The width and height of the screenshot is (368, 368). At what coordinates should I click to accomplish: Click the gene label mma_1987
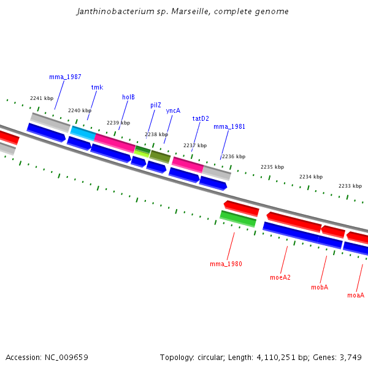click(65, 77)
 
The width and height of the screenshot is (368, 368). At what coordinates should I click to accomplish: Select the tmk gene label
click(97, 87)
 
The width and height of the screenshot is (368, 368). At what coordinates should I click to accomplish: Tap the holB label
click(128, 97)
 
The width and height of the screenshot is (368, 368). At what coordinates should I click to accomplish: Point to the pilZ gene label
click(156, 105)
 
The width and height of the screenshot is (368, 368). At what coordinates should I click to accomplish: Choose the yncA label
click(173, 110)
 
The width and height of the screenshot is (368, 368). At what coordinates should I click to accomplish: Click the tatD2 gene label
click(201, 118)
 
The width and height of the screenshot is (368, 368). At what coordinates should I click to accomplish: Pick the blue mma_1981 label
click(229, 127)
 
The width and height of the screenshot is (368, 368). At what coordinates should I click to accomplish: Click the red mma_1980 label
click(226, 264)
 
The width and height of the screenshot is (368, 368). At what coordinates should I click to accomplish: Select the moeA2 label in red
click(280, 277)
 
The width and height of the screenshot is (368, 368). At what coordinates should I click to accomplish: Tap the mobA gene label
click(320, 287)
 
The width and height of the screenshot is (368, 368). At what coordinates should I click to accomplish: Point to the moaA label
click(356, 295)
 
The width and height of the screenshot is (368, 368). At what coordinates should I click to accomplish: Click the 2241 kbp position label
click(42, 98)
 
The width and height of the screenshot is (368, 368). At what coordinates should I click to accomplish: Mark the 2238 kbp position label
click(156, 134)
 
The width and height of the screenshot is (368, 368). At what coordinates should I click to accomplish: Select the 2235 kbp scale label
click(272, 167)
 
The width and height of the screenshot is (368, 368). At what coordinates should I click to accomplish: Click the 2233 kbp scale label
click(350, 186)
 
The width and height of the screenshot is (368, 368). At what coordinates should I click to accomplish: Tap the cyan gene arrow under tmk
click(83, 132)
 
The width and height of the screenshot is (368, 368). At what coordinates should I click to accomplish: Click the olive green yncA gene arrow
click(160, 156)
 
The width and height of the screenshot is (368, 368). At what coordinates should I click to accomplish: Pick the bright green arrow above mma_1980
click(238, 218)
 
